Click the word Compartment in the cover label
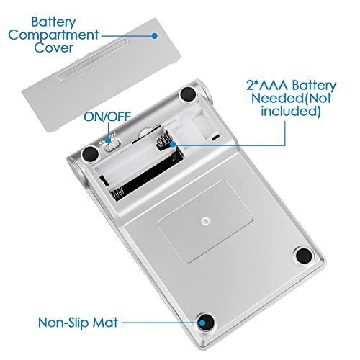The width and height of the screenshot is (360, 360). point(53,36)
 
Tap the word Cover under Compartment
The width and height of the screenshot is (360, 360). point(53,48)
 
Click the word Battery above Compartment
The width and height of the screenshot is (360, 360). point(53,22)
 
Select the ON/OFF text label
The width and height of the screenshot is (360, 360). point(107,117)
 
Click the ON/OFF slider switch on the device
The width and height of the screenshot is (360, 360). point(112,145)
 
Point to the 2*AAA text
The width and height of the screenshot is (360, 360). point(267,85)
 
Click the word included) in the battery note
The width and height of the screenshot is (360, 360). point(291,112)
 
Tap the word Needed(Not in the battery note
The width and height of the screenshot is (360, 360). point(291,98)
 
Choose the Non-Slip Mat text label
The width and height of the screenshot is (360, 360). point(78,323)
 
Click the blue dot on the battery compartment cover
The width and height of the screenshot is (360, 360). point(155,36)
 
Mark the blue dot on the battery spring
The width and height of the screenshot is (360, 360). point(173,144)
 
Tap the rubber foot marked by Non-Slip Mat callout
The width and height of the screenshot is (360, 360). point(206,322)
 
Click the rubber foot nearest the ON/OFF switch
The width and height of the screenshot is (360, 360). point(90,154)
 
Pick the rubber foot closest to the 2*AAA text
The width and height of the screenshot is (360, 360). point(188,94)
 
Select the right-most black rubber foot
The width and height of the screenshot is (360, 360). point(304,256)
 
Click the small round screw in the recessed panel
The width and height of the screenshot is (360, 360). point(204,221)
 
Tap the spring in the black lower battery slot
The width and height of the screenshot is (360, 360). point(118,193)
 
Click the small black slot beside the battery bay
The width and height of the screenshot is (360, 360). point(215,138)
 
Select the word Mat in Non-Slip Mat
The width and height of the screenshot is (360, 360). point(105,322)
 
